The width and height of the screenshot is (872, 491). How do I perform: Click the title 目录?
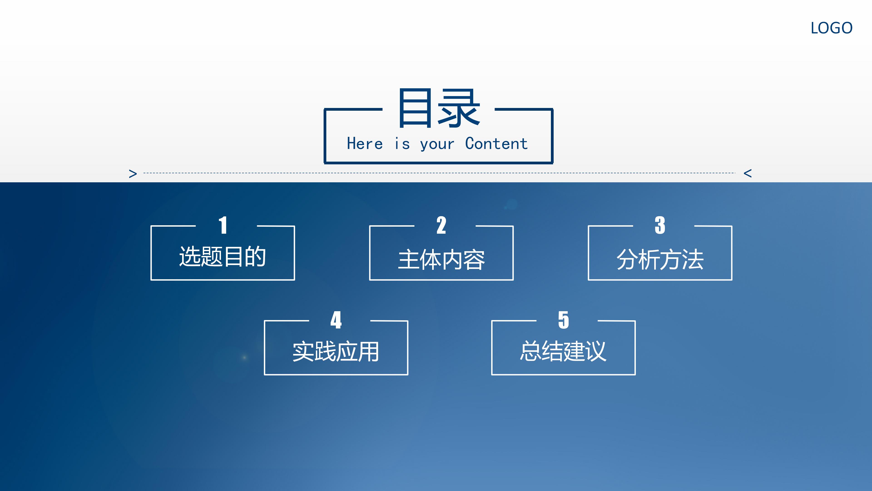pos(439,108)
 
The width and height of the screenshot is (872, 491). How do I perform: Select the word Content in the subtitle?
pos(496,144)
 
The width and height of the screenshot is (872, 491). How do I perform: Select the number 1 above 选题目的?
pos(223,225)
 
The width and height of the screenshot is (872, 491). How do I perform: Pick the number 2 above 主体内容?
pos(441,225)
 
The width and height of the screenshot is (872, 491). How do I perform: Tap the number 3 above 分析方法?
pos(660,225)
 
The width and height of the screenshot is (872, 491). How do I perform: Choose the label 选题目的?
pos(222,256)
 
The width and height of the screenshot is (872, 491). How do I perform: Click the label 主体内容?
pos(441,260)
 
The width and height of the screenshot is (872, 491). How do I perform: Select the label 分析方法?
pos(660,260)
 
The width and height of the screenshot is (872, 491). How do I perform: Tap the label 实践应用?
pos(336,352)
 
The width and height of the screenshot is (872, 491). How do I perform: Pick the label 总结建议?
pos(563,351)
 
